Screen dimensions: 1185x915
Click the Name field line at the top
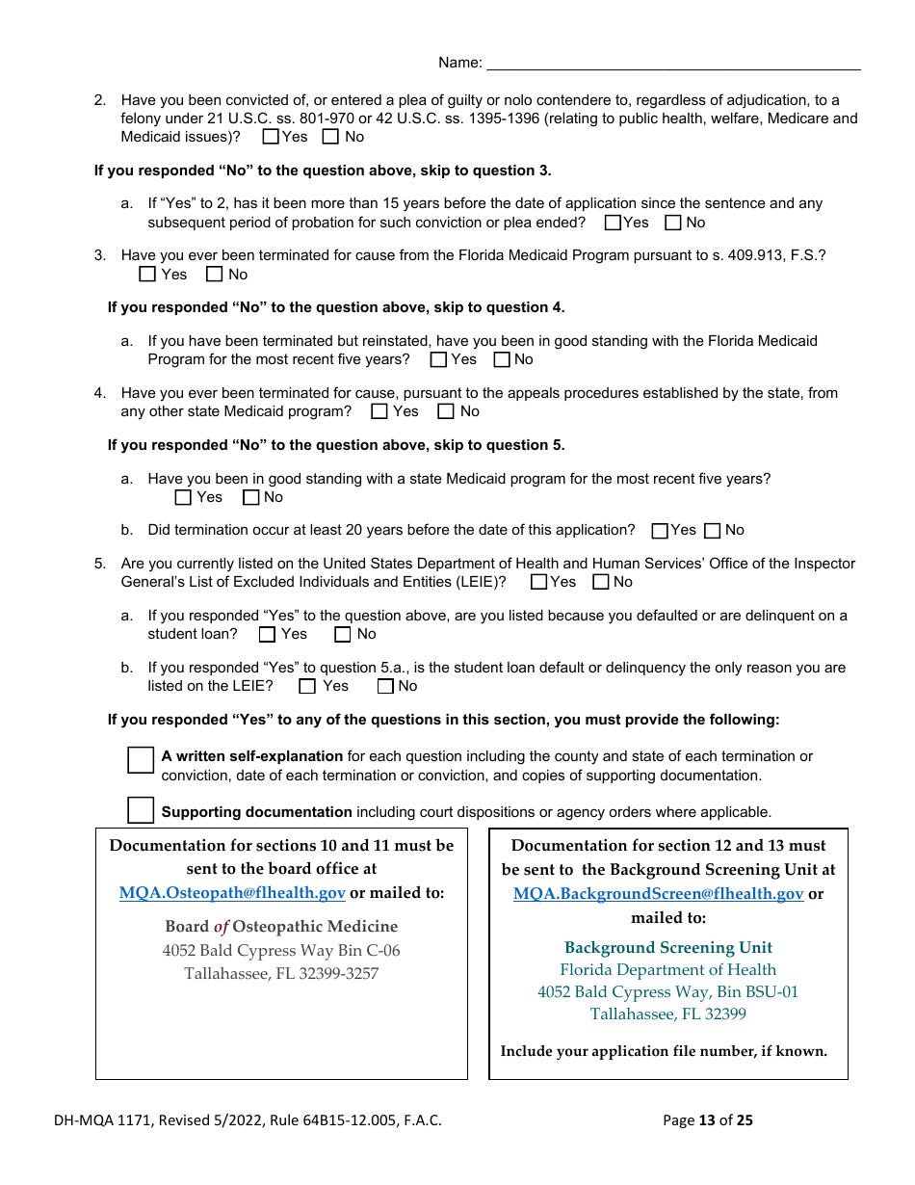click(673, 64)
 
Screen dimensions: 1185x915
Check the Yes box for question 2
click(271, 137)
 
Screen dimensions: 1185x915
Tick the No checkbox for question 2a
click(673, 223)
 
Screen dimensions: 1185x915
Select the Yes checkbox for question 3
click(147, 275)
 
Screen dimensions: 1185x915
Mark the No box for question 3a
click(502, 359)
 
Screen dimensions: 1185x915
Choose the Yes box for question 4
click(379, 411)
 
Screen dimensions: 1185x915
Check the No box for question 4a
click(251, 497)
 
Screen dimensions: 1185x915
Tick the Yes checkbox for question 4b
click(660, 531)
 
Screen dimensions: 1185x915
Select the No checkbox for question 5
click(601, 582)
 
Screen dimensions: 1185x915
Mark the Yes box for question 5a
click(268, 634)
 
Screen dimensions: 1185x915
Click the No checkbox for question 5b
click(385, 686)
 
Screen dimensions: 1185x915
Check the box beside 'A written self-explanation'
click(141, 759)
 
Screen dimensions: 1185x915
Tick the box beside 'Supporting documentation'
click(141, 810)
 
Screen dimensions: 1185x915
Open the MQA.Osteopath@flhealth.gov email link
click(232, 893)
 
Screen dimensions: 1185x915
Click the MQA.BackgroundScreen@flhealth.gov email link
click(658, 893)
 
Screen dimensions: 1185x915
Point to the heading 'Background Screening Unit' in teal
click(668, 947)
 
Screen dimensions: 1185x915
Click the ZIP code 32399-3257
click(336, 973)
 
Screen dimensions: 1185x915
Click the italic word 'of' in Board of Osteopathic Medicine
click(222, 927)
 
